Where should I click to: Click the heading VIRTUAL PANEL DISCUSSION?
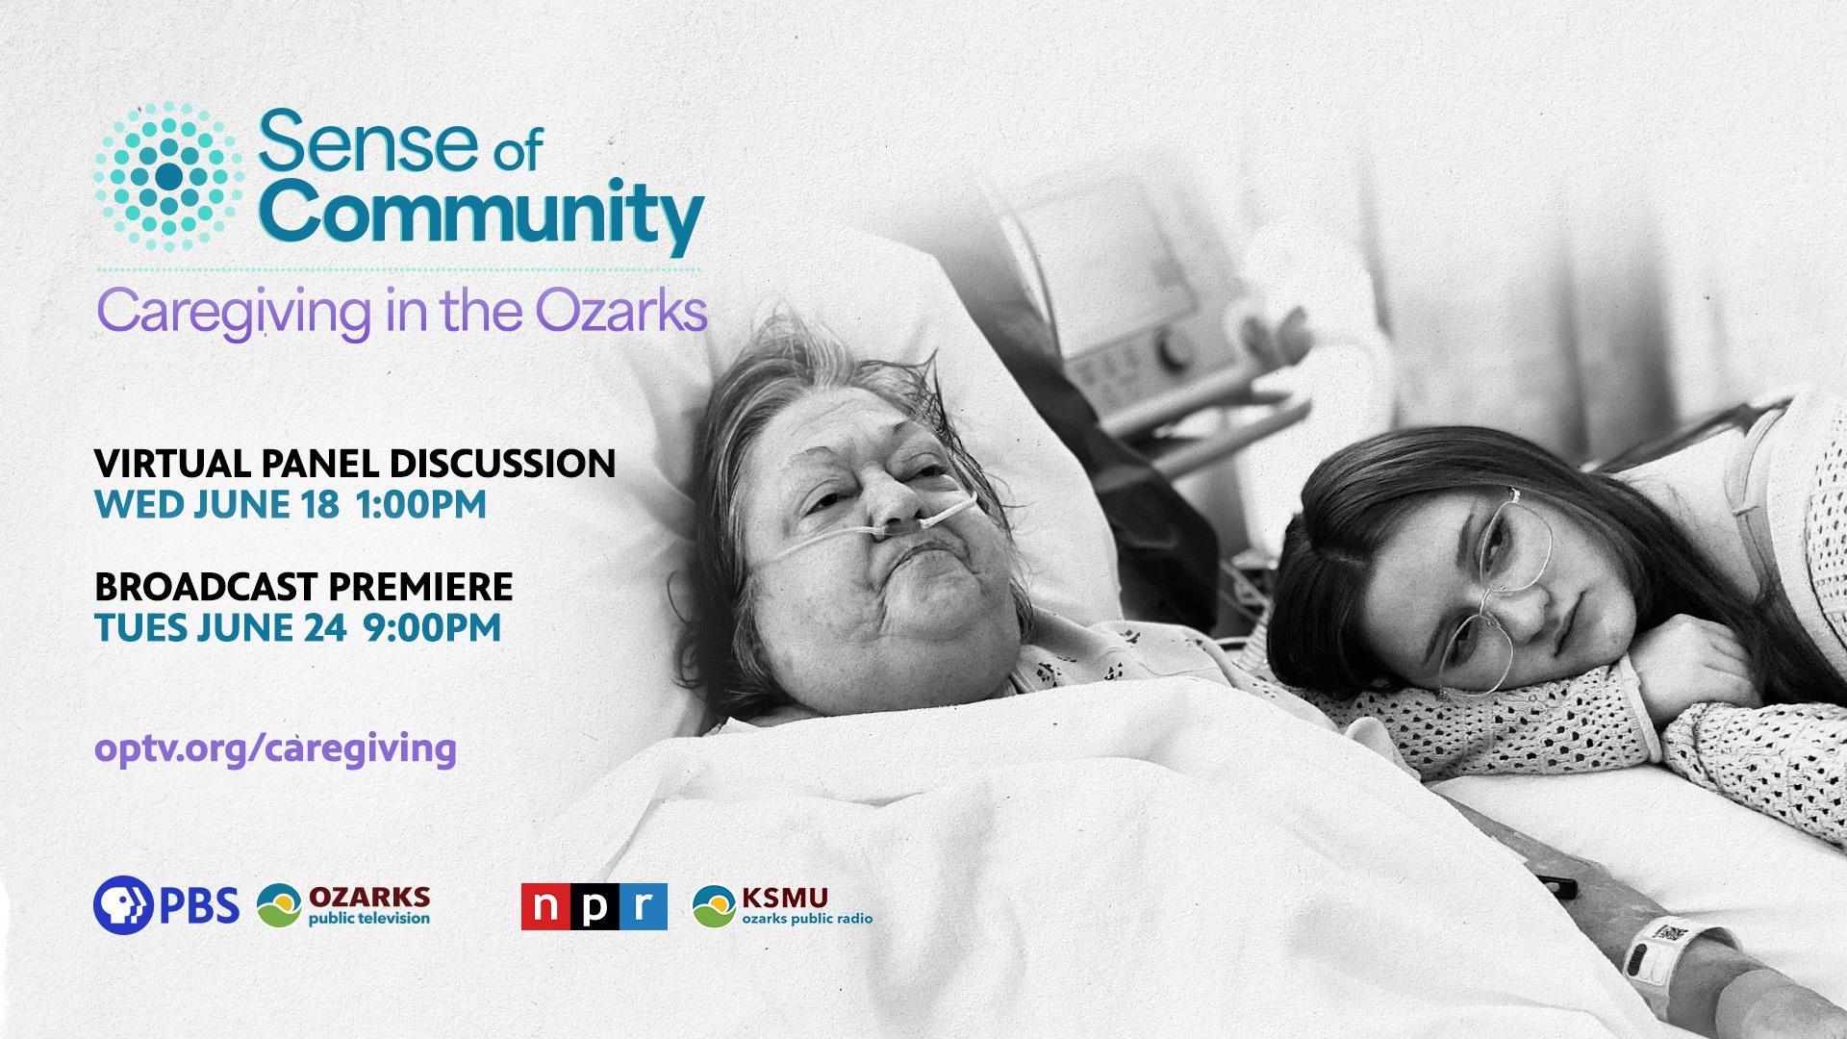point(355,464)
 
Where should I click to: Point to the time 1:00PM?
point(421,504)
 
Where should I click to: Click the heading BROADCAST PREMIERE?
point(303,586)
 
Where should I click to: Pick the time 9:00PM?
point(433,627)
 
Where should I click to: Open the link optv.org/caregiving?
point(275,748)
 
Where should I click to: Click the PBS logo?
point(166,905)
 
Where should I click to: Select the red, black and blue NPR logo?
point(594,906)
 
